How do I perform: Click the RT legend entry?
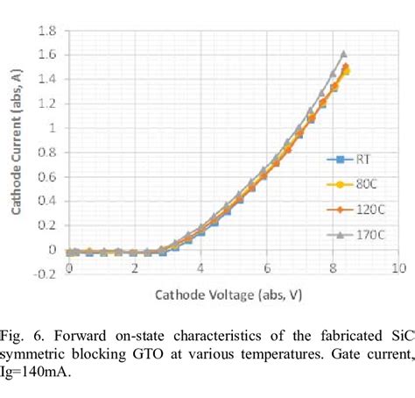pyautogui.click(x=361, y=160)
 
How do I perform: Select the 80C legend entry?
pyautogui.click(x=363, y=185)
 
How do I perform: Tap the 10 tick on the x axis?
pyautogui.click(x=398, y=267)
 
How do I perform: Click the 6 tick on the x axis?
pyautogui.click(x=266, y=267)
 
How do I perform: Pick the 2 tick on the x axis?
pyautogui.click(x=135, y=267)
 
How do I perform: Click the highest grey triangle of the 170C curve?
pyautogui.click(x=343, y=53)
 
